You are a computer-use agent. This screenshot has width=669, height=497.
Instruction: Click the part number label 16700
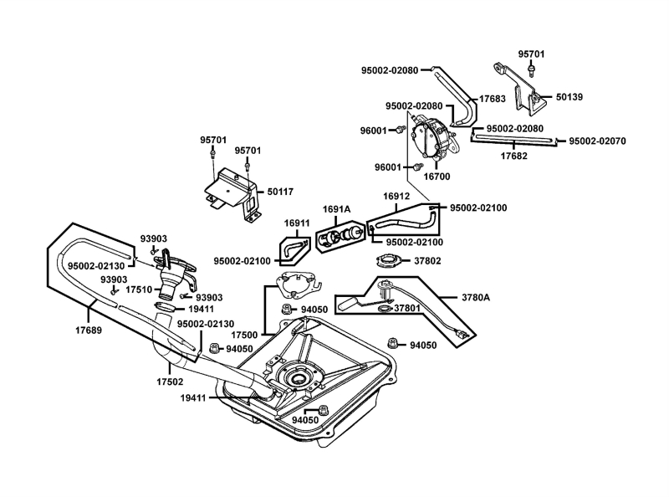[437, 177]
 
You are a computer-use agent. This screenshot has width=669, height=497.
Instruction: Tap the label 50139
[569, 97]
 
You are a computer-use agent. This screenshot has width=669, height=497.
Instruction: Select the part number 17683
[493, 99]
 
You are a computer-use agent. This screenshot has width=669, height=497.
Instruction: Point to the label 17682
[513, 156]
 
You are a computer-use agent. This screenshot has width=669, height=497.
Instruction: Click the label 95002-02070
[597, 141]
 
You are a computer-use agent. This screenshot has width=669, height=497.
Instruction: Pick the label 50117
[280, 192]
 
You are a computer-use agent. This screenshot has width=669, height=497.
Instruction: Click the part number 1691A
[336, 209]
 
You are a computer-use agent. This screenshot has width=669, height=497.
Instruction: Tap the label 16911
[297, 223]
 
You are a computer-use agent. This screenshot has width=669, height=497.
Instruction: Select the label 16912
[396, 196]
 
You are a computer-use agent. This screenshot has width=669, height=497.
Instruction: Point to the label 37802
[427, 261]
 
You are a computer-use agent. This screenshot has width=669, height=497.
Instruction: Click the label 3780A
[476, 297]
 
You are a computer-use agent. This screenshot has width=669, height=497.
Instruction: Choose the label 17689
[89, 330]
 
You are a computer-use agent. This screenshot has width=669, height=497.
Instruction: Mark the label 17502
[170, 382]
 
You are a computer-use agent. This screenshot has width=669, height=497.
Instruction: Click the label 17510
[139, 289]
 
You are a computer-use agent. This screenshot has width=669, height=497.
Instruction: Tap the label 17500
[244, 336]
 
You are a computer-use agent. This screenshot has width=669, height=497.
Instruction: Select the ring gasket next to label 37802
[389, 260]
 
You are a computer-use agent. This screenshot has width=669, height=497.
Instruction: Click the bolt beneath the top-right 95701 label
[531, 70]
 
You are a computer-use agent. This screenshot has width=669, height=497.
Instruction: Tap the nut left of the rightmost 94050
[393, 343]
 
